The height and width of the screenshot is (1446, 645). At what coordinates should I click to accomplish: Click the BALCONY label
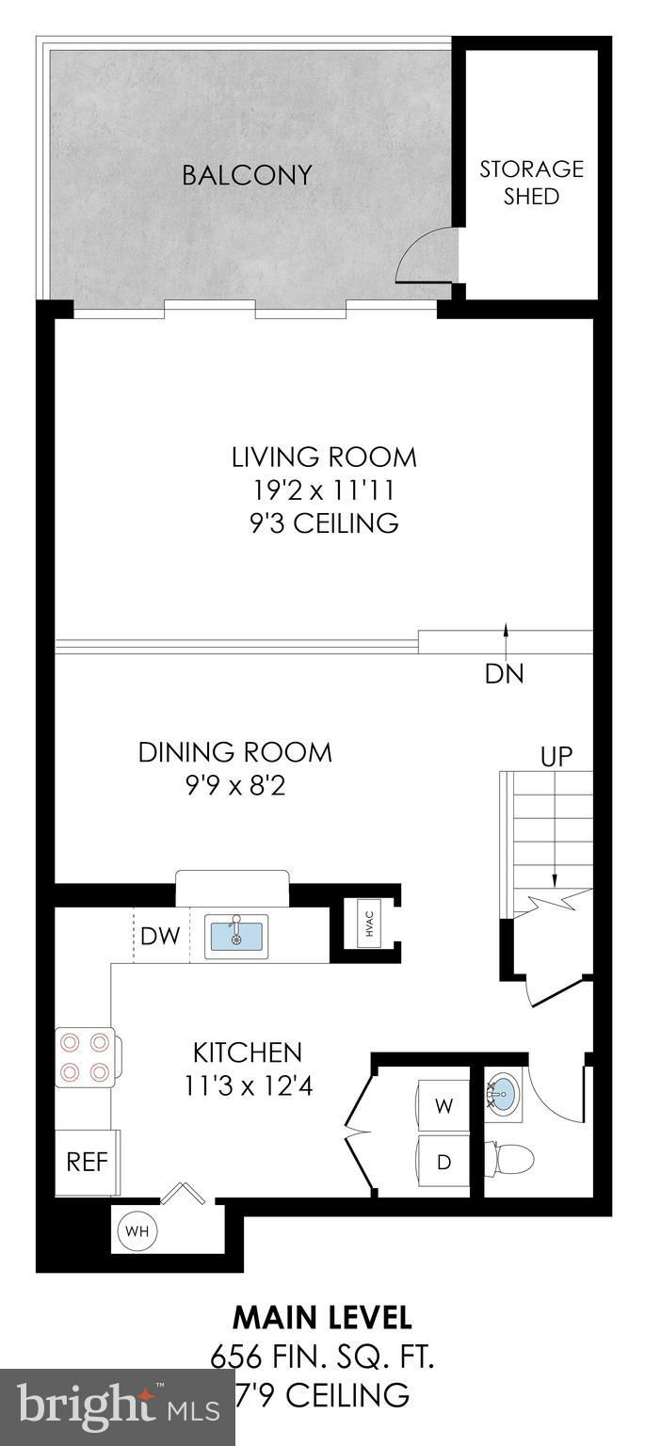click(248, 175)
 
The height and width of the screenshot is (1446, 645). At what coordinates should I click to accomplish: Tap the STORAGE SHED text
click(531, 183)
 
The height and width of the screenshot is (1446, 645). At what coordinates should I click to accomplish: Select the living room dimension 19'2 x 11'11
click(323, 490)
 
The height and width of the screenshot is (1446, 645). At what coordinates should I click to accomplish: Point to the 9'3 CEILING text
click(324, 522)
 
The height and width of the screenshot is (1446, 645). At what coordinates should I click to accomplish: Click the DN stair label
click(505, 674)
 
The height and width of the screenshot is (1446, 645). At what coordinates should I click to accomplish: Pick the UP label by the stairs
click(556, 757)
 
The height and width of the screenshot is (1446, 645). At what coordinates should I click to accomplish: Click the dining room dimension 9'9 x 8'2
click(235, 786)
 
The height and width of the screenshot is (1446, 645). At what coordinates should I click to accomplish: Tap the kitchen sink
click(237, 936)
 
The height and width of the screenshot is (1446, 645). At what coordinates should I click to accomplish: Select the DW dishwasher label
click(159, 936)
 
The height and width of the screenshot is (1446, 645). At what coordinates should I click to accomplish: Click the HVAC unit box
click(370, 927)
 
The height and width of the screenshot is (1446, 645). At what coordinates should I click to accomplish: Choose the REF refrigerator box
click(88, 1162)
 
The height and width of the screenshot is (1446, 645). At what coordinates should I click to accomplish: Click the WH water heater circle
click(137, 1231)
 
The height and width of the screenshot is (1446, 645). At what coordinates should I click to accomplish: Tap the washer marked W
click(443, 1106)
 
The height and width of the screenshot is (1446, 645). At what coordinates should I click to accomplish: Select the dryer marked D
click(443, 1163)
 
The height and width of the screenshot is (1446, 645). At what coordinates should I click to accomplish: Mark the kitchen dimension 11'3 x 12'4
click(248, 1086)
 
